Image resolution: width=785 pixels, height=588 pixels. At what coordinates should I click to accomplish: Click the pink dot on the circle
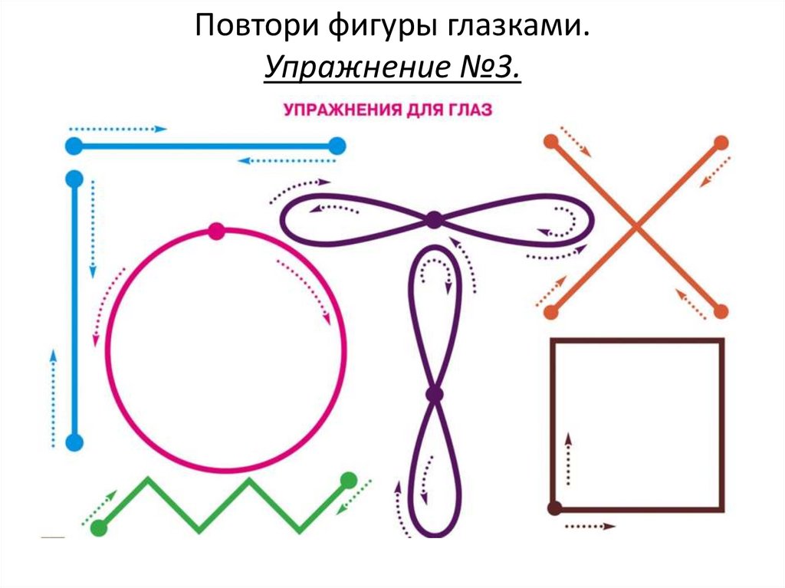(216, 232)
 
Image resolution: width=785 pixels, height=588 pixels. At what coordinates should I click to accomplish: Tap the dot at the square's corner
(554, 508)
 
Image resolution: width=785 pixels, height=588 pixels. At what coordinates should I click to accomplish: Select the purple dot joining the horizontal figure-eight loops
(434, 220)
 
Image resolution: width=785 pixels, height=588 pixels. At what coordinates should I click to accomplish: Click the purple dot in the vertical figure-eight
(434, 395)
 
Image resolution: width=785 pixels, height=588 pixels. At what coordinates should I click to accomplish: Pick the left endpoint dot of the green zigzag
(98, 527)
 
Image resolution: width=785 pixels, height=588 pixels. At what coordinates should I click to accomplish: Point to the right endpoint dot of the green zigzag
(348, 481)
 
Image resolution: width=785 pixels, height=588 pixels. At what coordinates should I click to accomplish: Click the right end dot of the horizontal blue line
(337, 145)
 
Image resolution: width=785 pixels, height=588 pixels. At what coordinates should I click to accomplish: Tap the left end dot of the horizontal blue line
(74, 145)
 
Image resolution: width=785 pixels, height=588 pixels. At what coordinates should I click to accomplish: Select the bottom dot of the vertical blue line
(74, 442)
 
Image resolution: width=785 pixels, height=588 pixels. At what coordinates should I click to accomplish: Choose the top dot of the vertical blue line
(74, 179)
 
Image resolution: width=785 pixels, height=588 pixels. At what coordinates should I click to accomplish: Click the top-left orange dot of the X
(550, 142)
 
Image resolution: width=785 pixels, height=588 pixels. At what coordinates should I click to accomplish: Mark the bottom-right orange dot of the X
(721, 311)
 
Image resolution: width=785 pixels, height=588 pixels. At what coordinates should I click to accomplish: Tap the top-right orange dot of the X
(721, 142)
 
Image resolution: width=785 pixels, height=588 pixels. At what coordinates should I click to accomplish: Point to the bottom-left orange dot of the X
(550, 311)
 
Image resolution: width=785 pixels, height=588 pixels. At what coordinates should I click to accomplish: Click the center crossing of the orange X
(636, 226)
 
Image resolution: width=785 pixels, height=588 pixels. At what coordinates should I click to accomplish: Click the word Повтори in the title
(245, 28)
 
